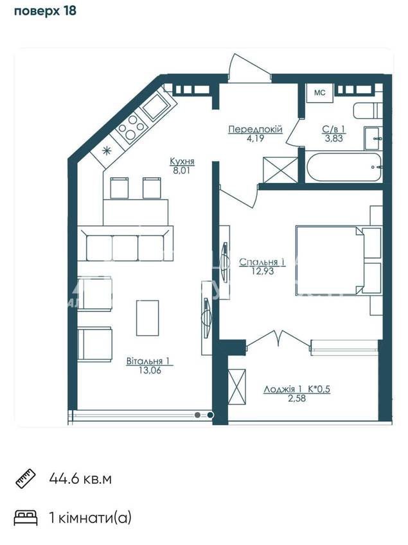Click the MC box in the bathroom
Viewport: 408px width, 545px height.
click(319, 92)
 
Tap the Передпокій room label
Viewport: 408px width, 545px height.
click(255, 130)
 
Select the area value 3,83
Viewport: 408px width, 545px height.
click(333, 138)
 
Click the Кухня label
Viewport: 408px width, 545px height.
click(182, 161)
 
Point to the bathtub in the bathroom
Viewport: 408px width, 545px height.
click(343, 167)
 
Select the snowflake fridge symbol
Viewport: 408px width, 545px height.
click(107, 151)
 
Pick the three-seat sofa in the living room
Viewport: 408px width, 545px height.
click(125, 243)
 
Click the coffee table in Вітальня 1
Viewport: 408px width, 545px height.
click(148, 318)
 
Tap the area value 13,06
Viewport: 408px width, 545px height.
click(150, 370)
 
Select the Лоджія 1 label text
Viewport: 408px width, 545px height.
click(283, 389)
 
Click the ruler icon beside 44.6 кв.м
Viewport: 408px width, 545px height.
click(25, 479)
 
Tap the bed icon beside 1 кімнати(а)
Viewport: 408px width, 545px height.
click(26, 518)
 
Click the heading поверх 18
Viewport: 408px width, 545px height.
click(45, 11)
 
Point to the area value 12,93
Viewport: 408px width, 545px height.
click(263, 271)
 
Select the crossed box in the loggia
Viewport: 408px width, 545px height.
click(237, 386)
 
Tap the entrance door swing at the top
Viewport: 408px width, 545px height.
click(245, 67)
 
